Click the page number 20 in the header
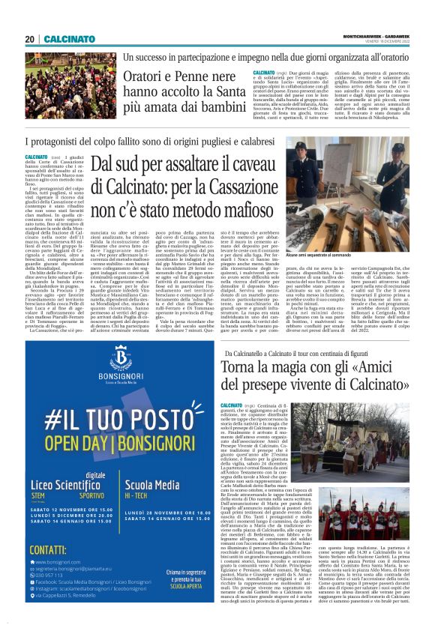pos(30,39)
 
